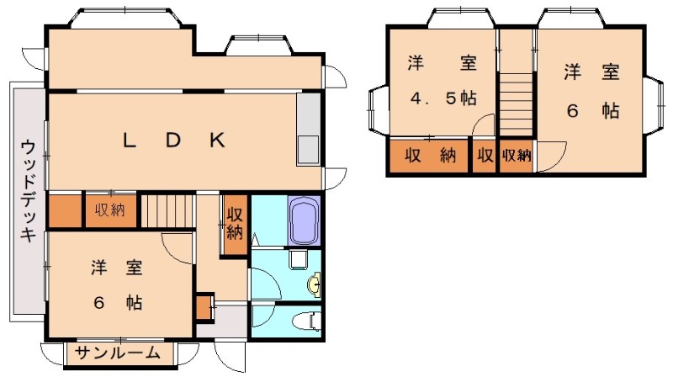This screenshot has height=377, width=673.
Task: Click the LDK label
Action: pos(173,141)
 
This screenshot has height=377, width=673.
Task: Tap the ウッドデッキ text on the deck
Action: pos(29,191)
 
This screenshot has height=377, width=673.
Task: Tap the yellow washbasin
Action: pos(313,285)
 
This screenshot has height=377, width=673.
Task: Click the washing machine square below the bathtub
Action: pos(296,258)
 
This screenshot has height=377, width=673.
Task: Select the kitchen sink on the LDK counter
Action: pos(307,149)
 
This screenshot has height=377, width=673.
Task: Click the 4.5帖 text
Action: pos(443,98)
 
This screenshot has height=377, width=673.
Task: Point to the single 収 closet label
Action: pos(485,155)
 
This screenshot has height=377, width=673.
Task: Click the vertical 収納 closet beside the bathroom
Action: pos(235,223)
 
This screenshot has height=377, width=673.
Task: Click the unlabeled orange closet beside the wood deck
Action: pos(64,211)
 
